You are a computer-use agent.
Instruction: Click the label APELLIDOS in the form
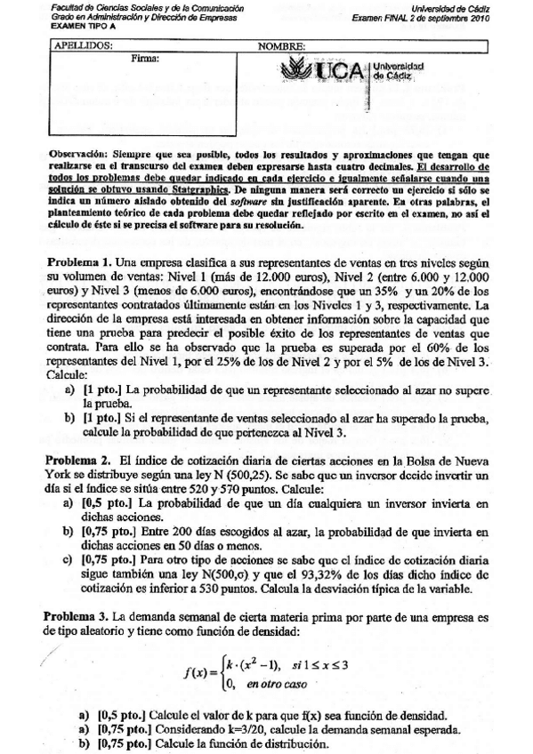coord(85,44)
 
